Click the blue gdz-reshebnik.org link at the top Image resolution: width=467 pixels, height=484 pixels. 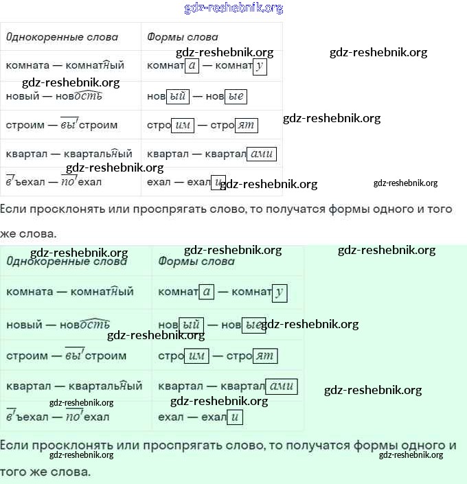[233, 8]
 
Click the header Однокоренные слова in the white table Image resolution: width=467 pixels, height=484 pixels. [62, 37]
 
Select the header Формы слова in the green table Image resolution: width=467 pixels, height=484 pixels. [196, 261]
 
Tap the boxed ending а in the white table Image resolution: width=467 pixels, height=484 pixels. [192, 66]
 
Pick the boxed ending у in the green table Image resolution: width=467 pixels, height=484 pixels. [279, 292]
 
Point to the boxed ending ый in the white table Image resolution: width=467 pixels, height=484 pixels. [177, 96]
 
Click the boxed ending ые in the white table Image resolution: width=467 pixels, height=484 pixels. [236, 96]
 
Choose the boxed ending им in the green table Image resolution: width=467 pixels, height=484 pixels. [196, 356]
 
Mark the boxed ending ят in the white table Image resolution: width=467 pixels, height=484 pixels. [246, 125]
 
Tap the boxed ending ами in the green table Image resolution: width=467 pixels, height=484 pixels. [282, 387]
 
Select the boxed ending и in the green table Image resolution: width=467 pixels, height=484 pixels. [236, 417]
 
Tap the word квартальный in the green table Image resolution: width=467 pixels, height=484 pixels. [106, 387]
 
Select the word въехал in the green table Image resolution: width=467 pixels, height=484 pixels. [27, 417]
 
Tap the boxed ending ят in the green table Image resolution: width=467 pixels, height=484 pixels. [265, 356]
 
